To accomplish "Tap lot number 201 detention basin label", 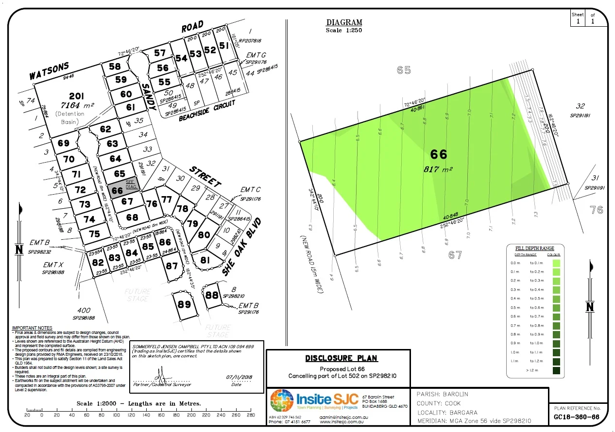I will click(x=76, y=96).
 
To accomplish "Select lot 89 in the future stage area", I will click(x=184, y=304).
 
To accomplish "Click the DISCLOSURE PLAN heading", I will click(x=341, y=358).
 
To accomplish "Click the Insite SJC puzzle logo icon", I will click(x=281, y=401).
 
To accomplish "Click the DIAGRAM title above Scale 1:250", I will click(x=344, y=22).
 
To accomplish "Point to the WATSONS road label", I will click(x=49, y=71).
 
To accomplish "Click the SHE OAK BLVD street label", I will click(x=242, y=247).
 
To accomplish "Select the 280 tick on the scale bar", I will click(x=251, y=415).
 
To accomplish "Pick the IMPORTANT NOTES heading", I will click(x=32, y=329).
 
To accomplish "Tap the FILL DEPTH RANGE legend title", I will click(x=534, y=248).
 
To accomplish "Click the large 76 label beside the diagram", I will click(x=597, y=210).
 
